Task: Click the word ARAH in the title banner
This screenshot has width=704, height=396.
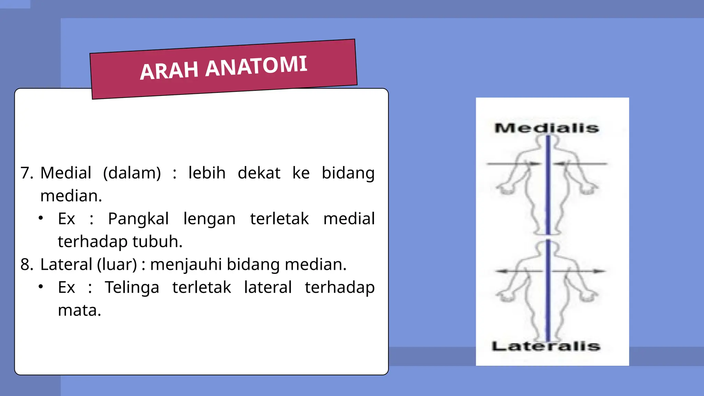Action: click(169, 70)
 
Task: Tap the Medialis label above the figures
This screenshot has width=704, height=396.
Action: click(547, 128)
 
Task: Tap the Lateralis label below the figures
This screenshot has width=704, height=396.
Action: click(546, 346)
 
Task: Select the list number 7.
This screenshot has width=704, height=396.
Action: click(26, 173)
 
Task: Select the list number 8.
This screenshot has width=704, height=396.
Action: click(26, 264)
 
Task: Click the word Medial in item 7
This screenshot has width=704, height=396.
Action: click(66, 173)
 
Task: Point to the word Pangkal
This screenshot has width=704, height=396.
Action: click(138, 219)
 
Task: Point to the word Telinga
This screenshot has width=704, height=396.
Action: click(132, 287)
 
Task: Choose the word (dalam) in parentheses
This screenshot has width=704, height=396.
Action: click(132, 173)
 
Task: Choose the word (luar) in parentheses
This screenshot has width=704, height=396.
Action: click(117, 264)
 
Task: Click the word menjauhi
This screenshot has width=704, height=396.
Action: click(186, 264)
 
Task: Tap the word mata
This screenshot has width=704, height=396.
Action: click(79, 310)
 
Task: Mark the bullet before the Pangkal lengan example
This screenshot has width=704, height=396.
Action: click(41, 218)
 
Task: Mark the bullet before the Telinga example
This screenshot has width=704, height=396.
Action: click(41, 287)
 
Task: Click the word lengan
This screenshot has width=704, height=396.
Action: click(209, 219)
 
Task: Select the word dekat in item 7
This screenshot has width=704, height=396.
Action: click(259, 173)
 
